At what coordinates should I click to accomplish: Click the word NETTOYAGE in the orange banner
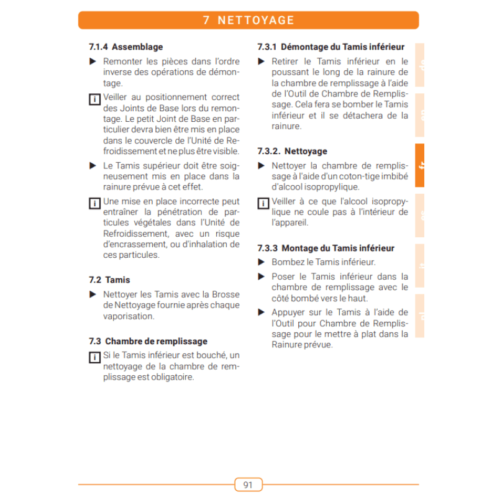tap(257, 21)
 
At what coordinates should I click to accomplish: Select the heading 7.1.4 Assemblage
tap(126, 47)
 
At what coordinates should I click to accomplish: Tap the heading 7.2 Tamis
tap(110, 280)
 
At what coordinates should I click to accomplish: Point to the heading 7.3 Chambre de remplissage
tap(148, 341)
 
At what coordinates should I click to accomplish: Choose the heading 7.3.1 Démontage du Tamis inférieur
tap(331, 47)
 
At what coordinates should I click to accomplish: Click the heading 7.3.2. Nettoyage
tap(292, 151)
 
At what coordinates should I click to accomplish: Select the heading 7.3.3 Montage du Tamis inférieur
tap(326, 248)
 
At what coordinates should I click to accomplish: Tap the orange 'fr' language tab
tap(421, 166)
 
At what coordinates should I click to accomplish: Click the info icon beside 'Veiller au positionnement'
tap(94, 99)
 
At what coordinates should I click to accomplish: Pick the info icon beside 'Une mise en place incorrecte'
tap(94, 203)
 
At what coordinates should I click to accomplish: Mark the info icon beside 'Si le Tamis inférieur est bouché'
tap(94, 357)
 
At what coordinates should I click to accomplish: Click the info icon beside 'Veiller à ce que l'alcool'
tap(263, 203)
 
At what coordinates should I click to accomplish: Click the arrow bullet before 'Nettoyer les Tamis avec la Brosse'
tap(93, 294)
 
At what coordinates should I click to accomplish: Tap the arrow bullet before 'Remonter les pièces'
tap(93, 62)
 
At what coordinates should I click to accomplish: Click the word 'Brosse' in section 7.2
tap(226, 294)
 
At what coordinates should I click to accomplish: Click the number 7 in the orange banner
tap(206, 21)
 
